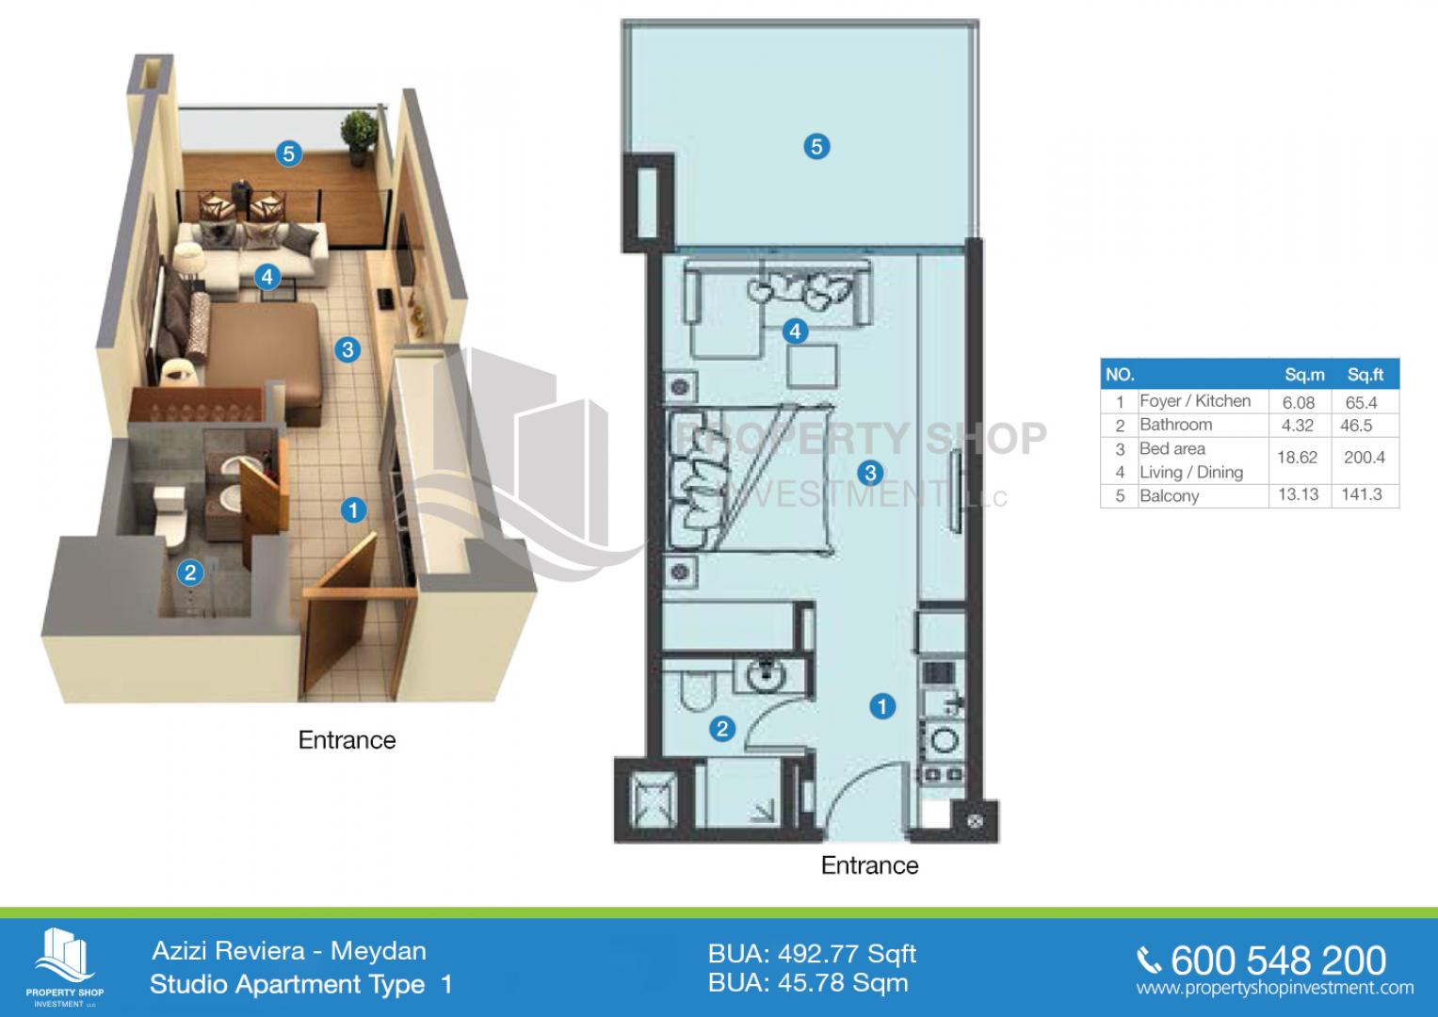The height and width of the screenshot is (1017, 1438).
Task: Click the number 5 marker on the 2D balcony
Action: coord(816,146)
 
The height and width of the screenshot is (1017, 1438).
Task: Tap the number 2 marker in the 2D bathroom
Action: coord(722,729)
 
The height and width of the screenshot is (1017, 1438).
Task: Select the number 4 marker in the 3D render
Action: coord(267,278)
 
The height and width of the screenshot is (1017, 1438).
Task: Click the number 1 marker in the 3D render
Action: coord(353,510)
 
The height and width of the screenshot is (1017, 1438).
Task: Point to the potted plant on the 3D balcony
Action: coord(359,138)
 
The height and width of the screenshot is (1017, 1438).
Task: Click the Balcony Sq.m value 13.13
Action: coord(1298,495)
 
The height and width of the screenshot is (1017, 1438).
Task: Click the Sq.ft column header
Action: coord(1365,375)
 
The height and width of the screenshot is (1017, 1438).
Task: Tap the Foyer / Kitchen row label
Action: coord(1195,401)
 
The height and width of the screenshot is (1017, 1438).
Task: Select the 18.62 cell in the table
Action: coord(1297,458)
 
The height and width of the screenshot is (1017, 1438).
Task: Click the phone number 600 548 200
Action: coord(1278,960)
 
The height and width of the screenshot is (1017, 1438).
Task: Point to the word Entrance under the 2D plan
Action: coord(869,865)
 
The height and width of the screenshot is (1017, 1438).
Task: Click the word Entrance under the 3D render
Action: coord(347,740)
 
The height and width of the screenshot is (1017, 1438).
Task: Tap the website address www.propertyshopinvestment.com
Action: coord(1275,988)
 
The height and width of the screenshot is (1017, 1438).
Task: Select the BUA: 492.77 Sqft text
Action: coord(812,954)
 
